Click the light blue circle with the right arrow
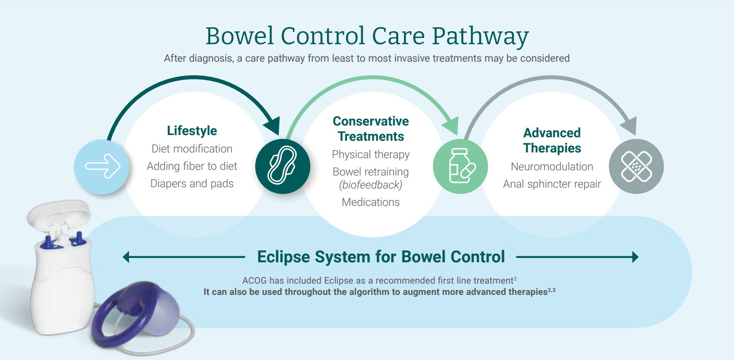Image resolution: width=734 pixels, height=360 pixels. tap(102, 167)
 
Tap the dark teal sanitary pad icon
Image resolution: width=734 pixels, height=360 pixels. tap(283, 166)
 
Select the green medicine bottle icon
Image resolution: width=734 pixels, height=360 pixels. tap(460, 166)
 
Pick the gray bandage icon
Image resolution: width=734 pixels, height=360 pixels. tap(636, 166)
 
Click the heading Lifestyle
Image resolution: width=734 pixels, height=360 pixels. tap(192, 131)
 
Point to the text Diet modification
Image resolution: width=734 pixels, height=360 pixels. tap(192, 149)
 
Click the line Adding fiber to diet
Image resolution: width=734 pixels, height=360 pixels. tap(192, 166)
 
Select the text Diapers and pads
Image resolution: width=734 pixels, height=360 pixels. tap(192, 183)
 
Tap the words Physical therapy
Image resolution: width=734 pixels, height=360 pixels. tap(370, 154)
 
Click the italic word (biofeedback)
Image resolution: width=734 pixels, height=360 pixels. tap(370, 185)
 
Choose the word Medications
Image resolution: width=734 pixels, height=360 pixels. tap(370, 202)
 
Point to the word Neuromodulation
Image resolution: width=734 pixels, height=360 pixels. tap(552, 166)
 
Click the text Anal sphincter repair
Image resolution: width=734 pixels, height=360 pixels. tap(552, 184)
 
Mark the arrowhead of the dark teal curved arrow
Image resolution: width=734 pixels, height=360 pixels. tap(273, 125)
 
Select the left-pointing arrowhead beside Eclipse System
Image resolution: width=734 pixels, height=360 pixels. tap(126, 257)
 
